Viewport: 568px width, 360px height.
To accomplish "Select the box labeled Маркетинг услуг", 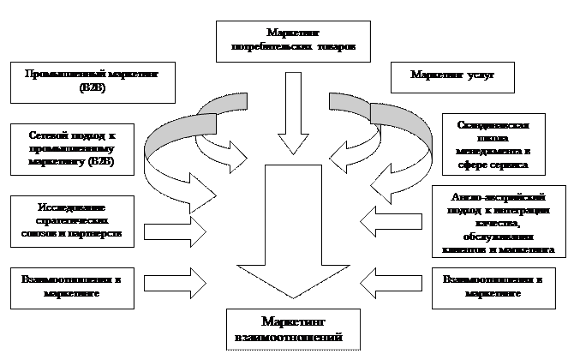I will (x=451, y=75).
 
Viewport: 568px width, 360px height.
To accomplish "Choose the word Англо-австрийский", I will (x=497, y=197).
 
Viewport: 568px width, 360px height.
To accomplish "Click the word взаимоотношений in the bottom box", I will (x=282, y=336).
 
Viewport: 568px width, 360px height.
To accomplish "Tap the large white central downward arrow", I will (x=294, y=231).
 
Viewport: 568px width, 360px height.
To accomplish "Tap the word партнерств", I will (x=107, y=232).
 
